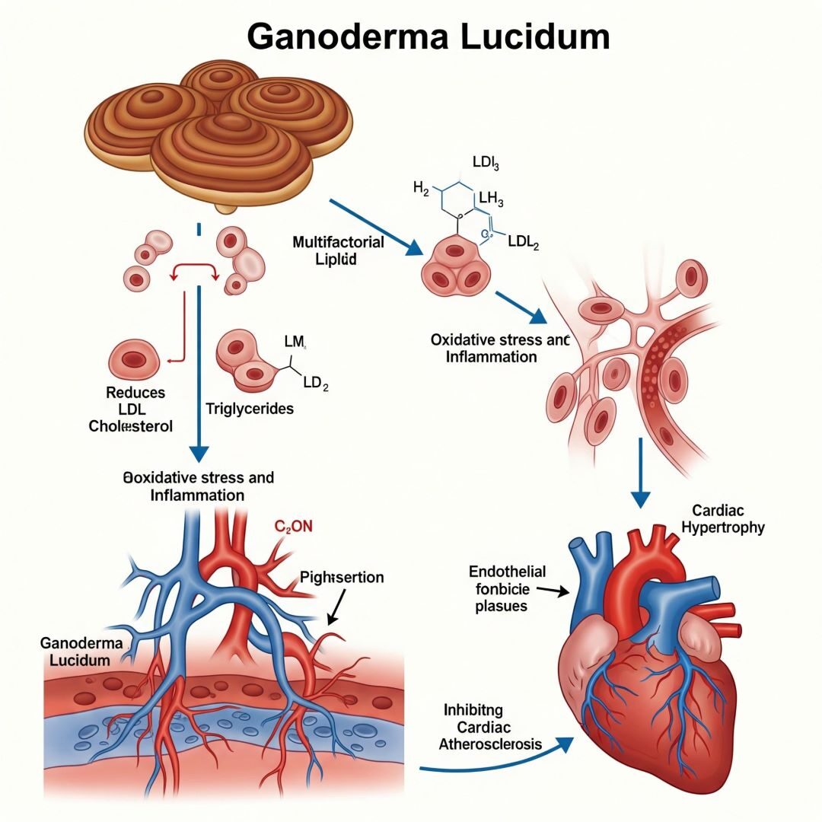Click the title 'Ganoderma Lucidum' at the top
428,36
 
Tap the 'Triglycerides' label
250,409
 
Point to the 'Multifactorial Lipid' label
338,250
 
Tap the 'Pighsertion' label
342,578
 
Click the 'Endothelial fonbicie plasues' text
497,589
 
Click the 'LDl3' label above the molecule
486,162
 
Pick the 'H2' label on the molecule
421,188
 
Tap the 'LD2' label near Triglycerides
315,384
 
